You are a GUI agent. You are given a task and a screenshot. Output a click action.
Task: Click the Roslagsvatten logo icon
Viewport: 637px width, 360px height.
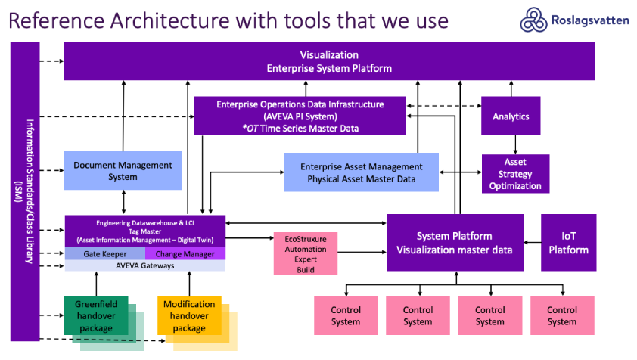coord(533,20)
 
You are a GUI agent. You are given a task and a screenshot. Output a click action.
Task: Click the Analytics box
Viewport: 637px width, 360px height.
coord(511,116)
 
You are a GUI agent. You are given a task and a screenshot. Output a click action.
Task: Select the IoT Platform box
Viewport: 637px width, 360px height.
coord(568,242)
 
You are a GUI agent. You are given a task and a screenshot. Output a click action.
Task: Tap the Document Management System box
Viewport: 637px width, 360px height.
coord(123,171)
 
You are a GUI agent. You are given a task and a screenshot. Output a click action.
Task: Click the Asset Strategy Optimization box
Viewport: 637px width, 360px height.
coord(515,173)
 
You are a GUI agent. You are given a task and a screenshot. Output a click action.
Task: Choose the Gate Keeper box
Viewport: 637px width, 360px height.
coord(104,254)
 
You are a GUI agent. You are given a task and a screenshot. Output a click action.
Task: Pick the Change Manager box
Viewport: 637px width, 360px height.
coord(185,254)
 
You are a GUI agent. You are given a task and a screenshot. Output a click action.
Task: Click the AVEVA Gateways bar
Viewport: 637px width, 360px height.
coord(144,265)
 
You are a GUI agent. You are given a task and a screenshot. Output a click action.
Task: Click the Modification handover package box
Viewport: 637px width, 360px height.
coord(188,316)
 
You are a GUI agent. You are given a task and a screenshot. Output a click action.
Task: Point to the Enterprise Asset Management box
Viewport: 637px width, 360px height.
coord(361,172)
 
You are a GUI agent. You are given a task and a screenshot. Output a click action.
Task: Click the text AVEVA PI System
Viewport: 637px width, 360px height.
coord(300,116)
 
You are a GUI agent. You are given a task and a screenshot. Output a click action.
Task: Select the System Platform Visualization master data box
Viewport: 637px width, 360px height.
coord(455,242)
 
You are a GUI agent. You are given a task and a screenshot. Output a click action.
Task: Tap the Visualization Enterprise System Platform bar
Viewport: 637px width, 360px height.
coord(329,61)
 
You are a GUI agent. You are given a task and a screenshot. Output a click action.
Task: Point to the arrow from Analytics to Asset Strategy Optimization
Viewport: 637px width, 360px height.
coord(515,144)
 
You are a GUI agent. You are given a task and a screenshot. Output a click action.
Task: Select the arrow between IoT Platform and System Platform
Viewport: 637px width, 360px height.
coord(532,243)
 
